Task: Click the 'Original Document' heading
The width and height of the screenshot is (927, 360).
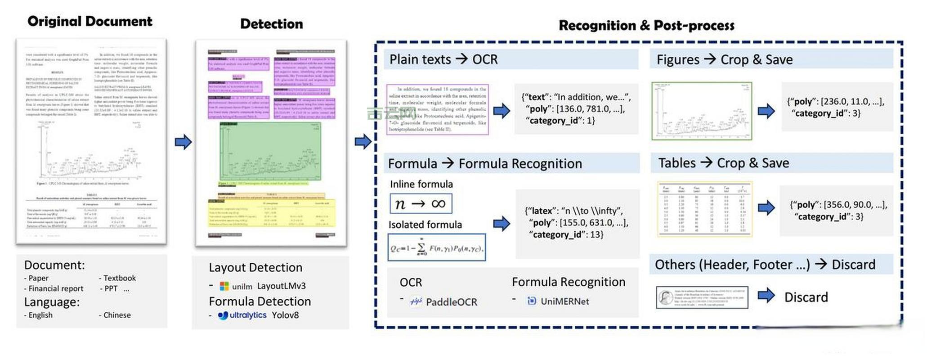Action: click(x=90, y=21)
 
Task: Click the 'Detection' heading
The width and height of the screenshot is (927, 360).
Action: click(x=271, y=24)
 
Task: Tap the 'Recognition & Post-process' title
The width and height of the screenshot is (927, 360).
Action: click(x=646, y=26)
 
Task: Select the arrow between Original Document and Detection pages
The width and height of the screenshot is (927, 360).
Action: click(x=183, y=142)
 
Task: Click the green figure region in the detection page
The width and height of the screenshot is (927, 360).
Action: click(x=270, y=151)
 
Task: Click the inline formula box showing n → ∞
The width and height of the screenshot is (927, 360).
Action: click(x=421, y=204)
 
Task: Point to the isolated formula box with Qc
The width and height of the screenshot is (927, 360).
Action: click(x=436, y=247)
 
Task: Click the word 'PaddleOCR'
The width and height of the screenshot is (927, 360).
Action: click(x=452, y=302)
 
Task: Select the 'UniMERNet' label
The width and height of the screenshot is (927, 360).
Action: click(x=564, y=301)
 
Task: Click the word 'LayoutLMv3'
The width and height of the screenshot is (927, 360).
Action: click(x=281, y=286)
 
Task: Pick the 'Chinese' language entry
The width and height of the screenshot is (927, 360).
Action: click(x=117, y=315)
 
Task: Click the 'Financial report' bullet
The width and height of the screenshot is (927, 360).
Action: click(x=56, y=288)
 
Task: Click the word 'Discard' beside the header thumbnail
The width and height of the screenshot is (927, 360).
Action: click(x=806, y=297)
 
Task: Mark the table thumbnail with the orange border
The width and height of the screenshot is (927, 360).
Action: click(x=704, y=209)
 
